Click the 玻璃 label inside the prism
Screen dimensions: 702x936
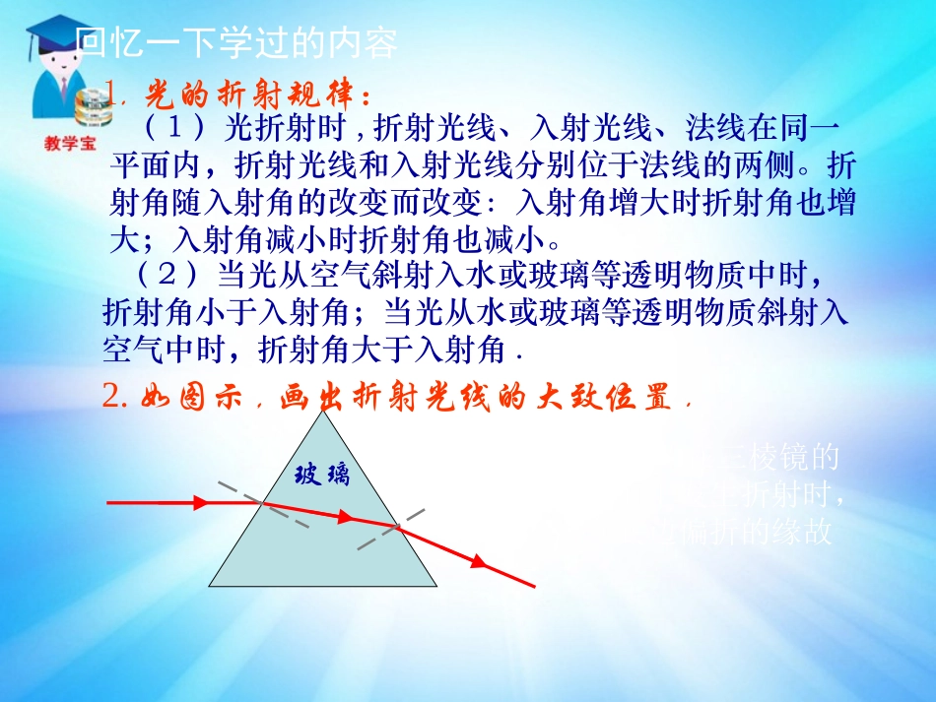(321, 475)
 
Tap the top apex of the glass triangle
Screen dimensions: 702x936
(323, 412)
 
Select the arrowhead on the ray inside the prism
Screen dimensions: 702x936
(345, 516)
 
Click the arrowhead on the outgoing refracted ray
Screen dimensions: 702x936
(479, 561)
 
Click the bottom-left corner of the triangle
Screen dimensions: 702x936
(210, 587)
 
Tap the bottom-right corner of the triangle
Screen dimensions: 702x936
(435, 587)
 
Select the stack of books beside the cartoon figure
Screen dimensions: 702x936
(91, 107)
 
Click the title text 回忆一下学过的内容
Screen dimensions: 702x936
(237, 43)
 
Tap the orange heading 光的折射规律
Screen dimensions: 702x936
(251, 96)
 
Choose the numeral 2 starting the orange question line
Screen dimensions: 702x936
(110, 398)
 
